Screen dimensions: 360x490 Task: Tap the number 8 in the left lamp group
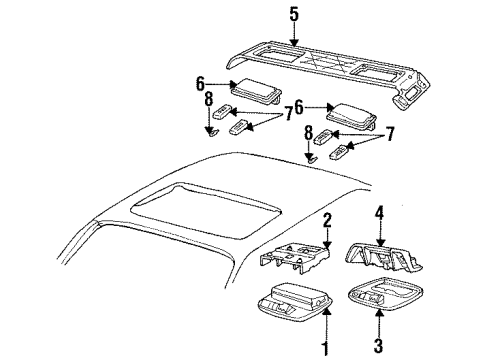(x=208, y=101)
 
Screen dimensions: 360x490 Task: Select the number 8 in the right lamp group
(x=310, y=131)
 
